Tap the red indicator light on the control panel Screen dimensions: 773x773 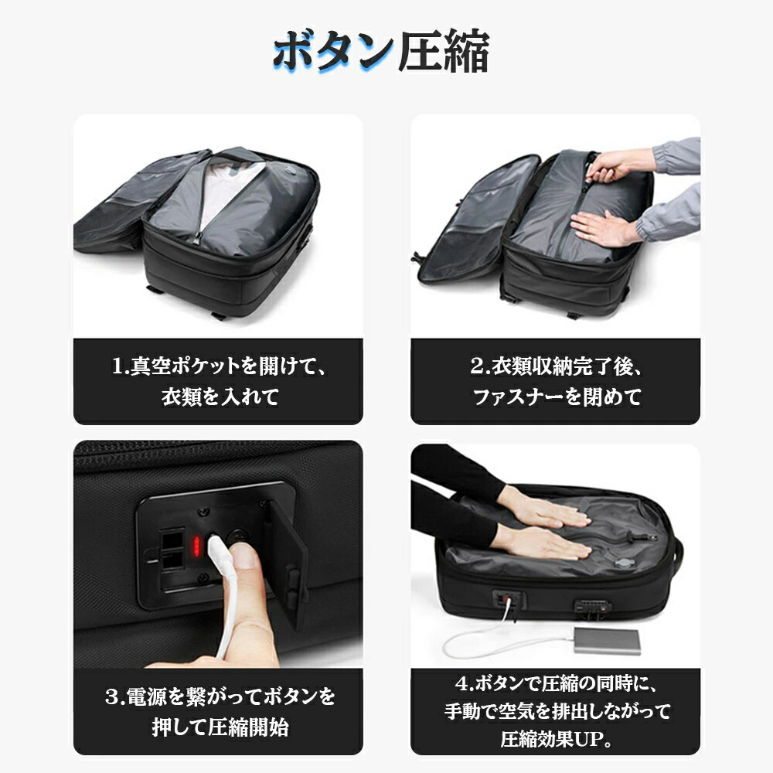pos(196,546)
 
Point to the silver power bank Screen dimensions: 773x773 pos(608,640)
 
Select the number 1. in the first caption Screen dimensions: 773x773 pos(121,366)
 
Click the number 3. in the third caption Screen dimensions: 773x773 pos(115,696)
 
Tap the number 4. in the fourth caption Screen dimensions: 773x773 pos(465,684)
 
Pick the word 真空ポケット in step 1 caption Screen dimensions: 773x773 pos(186,366)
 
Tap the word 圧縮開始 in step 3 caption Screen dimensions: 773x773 pos(248,727)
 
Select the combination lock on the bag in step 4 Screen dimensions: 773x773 pos(592,607)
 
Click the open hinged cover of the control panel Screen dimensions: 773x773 pos(287,562)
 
